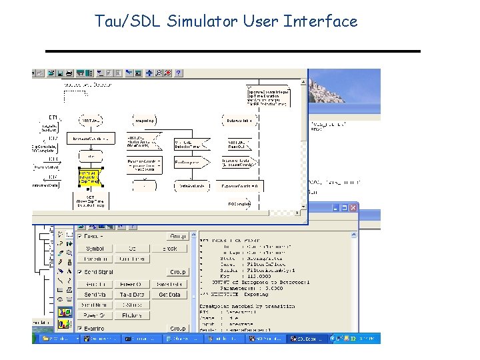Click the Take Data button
pyautogui.click(x=133, y=294)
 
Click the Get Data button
pyautogui.click(x=169, y=294)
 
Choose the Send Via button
pyautogui.click(x=95, y=294)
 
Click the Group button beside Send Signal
pyautogui.click(x=177, y=272)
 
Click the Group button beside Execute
pyautogui.click(x=177, y=236)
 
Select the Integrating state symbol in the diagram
pyautogui.click(x=145, y=120)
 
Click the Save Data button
pyautogui.click(x=169, y=284)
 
